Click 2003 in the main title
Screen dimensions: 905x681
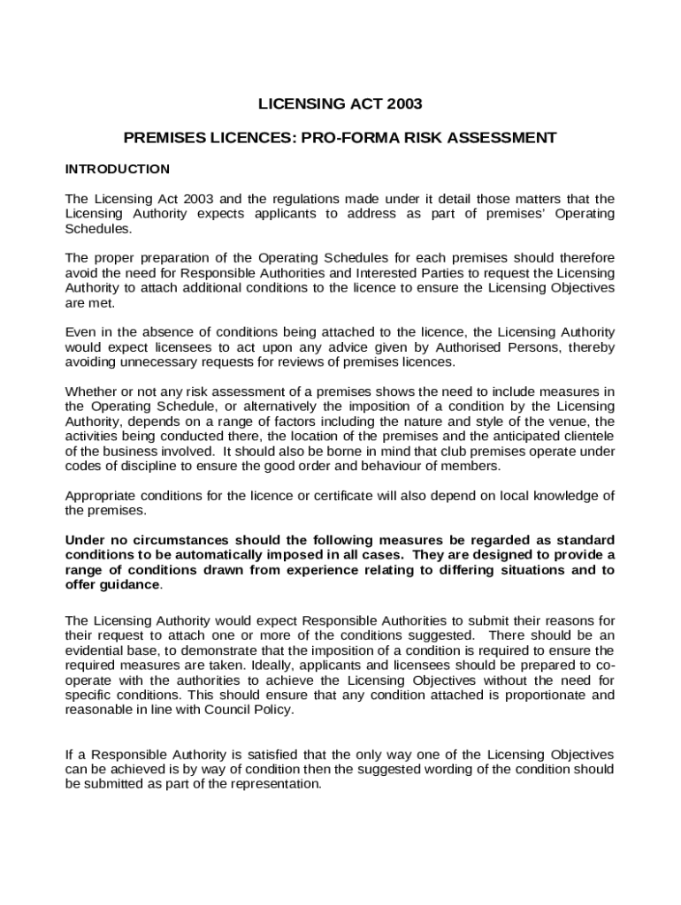click(405, 104)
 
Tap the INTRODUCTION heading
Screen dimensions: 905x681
click(118, 168)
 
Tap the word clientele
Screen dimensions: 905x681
click(585, 437)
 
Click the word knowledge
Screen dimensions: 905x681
click(555, 495)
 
